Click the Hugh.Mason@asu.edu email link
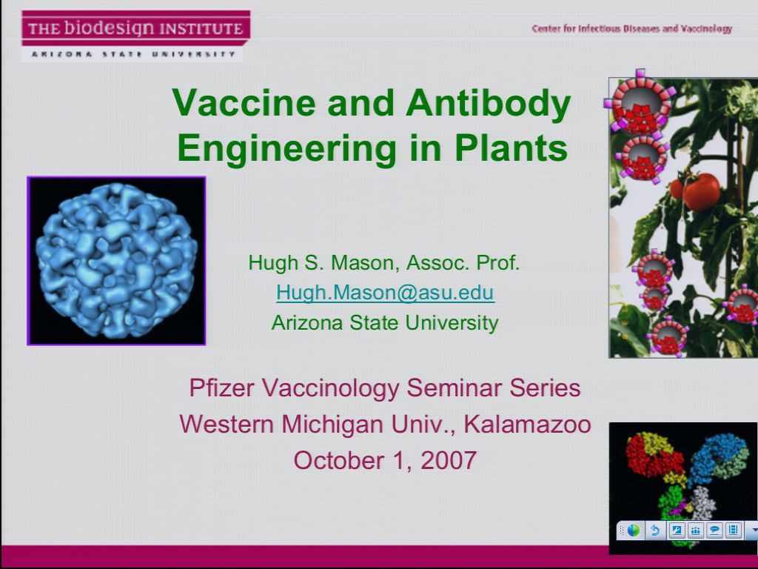385,293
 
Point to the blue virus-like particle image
116,261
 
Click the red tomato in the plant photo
700,191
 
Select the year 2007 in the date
448,460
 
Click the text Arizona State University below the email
385,323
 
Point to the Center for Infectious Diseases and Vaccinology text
631,29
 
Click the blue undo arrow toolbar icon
655,530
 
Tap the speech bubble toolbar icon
714,530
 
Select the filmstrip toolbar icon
734,530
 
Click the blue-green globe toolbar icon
634,530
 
